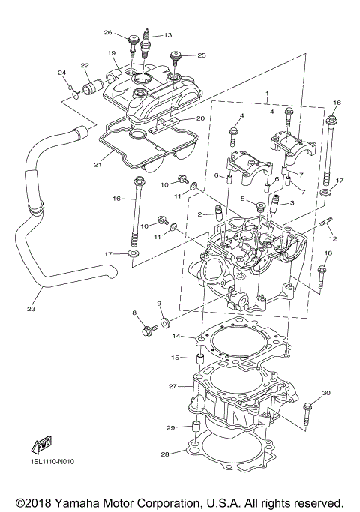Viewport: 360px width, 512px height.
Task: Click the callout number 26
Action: pyautogui.click(x=108, y=33)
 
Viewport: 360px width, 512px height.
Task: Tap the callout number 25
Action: pyautogui.click(x=201, y=55)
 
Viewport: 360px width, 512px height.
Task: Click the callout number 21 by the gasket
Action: pyautogui.click(x=98, y=165)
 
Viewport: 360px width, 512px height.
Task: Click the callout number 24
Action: pyautogui.click(x=63, y=73)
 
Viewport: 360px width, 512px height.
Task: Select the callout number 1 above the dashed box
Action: pyautogui.click(x=266, y=94)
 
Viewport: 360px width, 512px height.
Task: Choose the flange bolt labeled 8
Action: pyautogui.click(x=145, y=331)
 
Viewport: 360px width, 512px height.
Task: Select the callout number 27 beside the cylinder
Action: pyautogui.click(x=172, y=387)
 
